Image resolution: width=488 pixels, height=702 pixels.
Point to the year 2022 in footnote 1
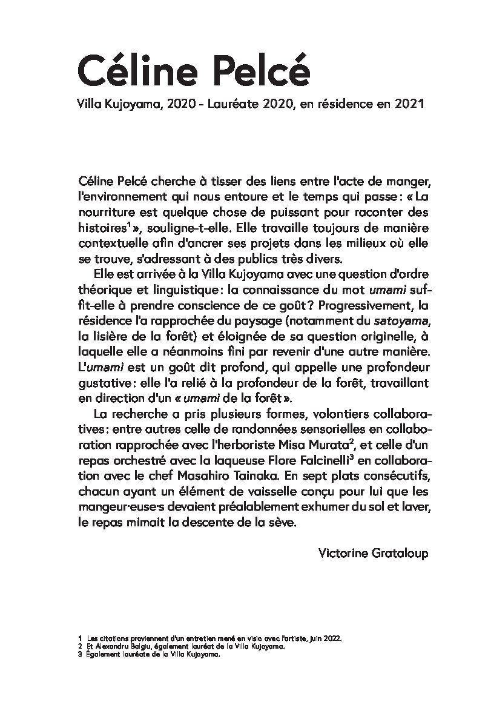pyautogui.click(x=332, y=638)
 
